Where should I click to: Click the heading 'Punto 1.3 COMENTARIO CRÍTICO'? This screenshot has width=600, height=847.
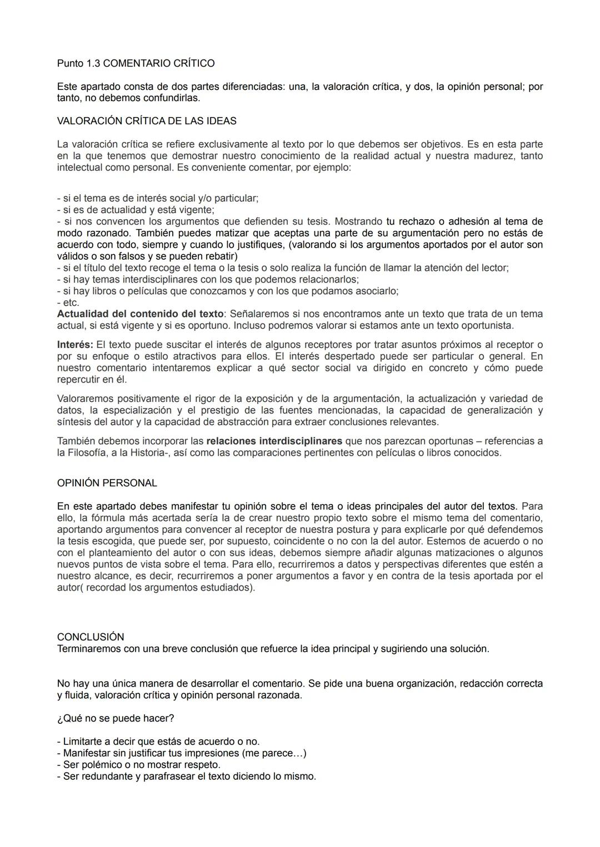[136, 63]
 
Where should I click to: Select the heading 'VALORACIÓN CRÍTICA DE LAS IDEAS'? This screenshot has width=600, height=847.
[147, 121]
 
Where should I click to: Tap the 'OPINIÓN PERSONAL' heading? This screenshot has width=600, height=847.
[107, 483]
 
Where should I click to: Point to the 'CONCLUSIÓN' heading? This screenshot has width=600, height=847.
[91, 637]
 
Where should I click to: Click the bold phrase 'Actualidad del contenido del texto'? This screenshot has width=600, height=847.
[140, 314]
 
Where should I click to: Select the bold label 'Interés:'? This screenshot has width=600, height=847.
[75, 345]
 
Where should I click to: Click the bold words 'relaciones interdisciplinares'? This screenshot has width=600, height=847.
[274, 441]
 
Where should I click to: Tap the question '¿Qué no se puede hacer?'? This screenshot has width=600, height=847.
[116, 718]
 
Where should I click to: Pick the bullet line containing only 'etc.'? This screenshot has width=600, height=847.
[68, 302]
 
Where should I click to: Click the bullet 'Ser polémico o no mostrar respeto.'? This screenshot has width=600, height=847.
[139, 765]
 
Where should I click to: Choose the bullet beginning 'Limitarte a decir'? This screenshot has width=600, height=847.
[158, 742]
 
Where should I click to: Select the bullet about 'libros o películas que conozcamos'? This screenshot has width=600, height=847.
[228, 291]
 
